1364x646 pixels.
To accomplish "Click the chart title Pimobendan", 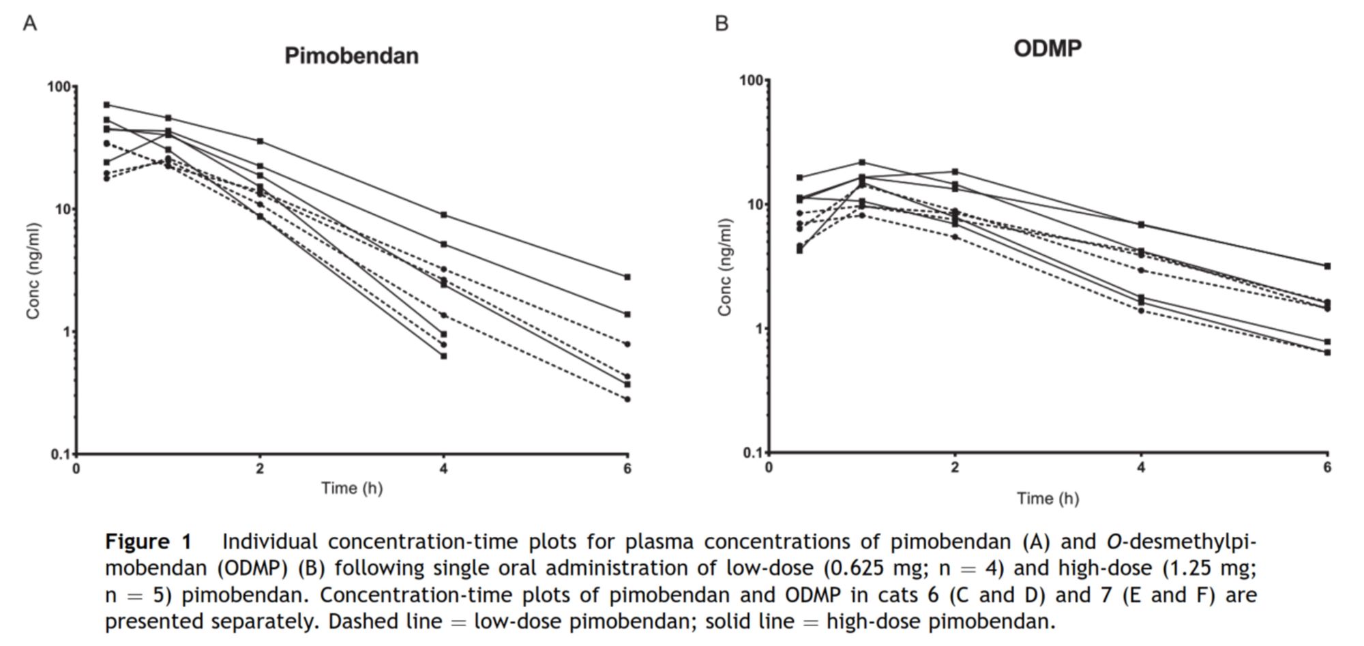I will click(351, 55).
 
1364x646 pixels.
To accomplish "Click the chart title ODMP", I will click(1047, 48).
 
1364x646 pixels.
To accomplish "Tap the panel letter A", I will click(29, 24).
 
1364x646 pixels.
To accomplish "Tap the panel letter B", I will click(722, 24).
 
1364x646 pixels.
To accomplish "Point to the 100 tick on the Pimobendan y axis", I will click(59, 87).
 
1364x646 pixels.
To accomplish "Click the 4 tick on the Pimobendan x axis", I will click(443, 469).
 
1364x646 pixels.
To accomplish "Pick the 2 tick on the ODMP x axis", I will click(955, 467).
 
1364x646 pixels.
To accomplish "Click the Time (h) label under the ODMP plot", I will click(1048, 499).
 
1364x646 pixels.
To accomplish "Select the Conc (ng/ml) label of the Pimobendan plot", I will click(33, 271).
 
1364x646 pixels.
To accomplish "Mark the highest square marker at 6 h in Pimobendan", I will click(627, 277).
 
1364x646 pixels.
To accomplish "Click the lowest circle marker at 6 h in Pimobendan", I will click(627, 399).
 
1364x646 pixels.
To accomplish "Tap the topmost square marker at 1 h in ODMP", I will click(862, 162).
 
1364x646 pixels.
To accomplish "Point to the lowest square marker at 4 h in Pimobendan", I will click(443, 356).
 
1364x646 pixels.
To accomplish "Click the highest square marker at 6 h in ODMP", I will click(1327, 266).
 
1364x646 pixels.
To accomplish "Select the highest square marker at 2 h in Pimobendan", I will click(260, 141).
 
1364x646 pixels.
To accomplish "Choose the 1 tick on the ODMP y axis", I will click(758, 328).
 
